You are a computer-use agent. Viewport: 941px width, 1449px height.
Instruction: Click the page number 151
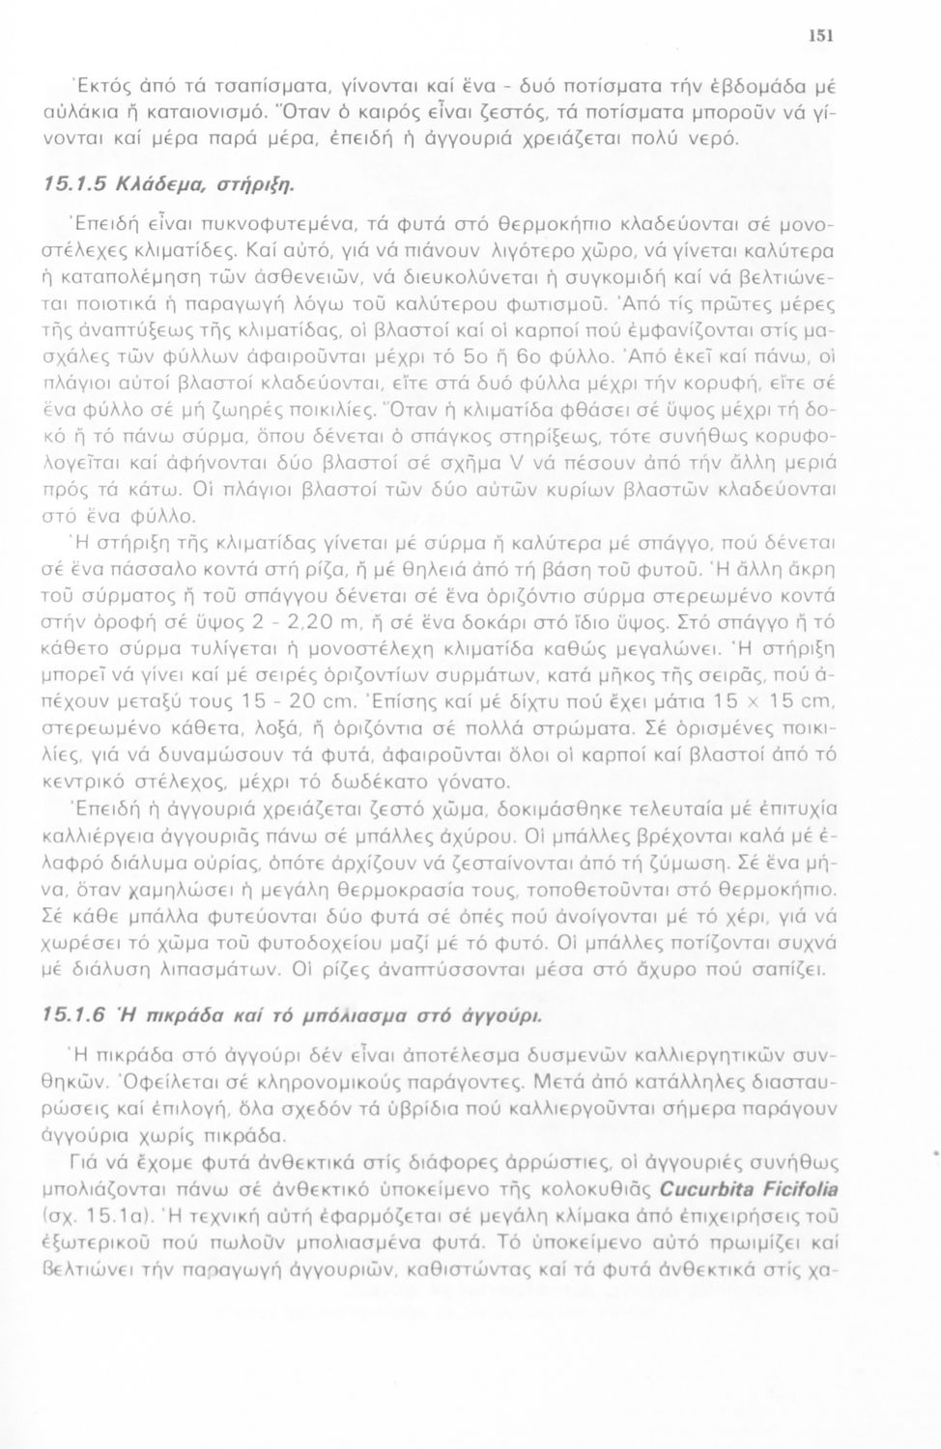(820, 38)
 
